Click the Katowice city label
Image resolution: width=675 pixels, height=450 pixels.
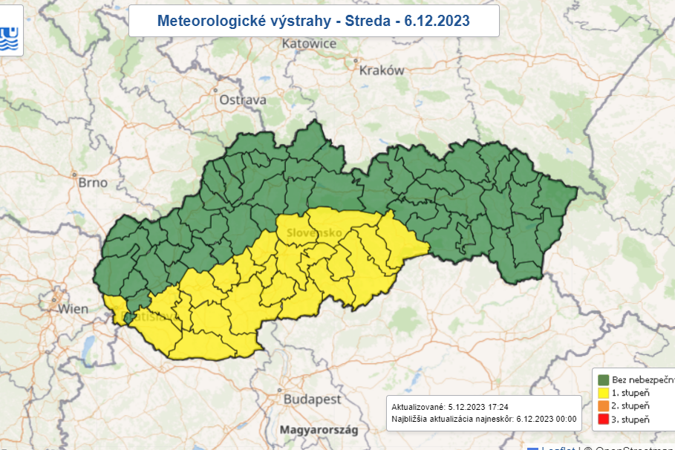(309, 44)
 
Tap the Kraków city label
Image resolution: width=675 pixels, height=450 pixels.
(381, 71)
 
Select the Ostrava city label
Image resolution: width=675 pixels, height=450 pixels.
(242, 100)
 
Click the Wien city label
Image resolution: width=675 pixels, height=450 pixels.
(73, 308)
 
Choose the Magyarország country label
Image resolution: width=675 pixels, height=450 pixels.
(319, 430)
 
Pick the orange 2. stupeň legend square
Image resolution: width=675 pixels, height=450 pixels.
(603, 406)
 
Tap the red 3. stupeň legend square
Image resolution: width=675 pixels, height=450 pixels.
(603, 420)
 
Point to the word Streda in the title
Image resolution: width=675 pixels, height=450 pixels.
(367, 21)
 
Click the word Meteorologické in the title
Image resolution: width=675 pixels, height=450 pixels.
(200, 21)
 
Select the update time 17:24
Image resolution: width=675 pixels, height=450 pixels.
(498, 407)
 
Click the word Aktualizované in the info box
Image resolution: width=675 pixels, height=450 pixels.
(417, 407)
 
